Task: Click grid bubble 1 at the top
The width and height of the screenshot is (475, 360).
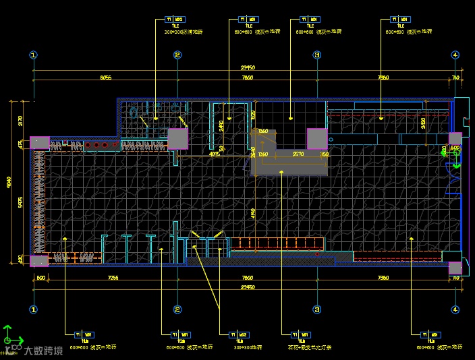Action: pos(34,55)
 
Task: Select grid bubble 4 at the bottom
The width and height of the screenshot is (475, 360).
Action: pos(455,309)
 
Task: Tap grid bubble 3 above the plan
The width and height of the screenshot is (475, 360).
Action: pos(316,55)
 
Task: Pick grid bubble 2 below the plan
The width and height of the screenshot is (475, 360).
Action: pos(177,309)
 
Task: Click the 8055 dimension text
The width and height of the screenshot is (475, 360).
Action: pos(105,78)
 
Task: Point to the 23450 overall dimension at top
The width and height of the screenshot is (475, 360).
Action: pos(248,67)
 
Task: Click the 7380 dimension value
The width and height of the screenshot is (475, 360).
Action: pos(383,278)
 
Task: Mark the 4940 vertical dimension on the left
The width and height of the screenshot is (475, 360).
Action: pos(9,183)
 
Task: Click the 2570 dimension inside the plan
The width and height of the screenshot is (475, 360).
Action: pos(298,154)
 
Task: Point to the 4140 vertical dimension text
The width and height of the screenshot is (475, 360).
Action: pos(252,214)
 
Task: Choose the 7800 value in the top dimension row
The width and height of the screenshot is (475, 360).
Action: pos(248,78)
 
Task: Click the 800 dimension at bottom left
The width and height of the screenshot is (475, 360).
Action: pos(40,278)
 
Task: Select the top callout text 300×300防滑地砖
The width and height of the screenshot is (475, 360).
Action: pos(184,32)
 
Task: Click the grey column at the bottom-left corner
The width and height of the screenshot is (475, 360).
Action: pos(39,260)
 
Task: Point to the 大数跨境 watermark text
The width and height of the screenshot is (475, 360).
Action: pos(43,350)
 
